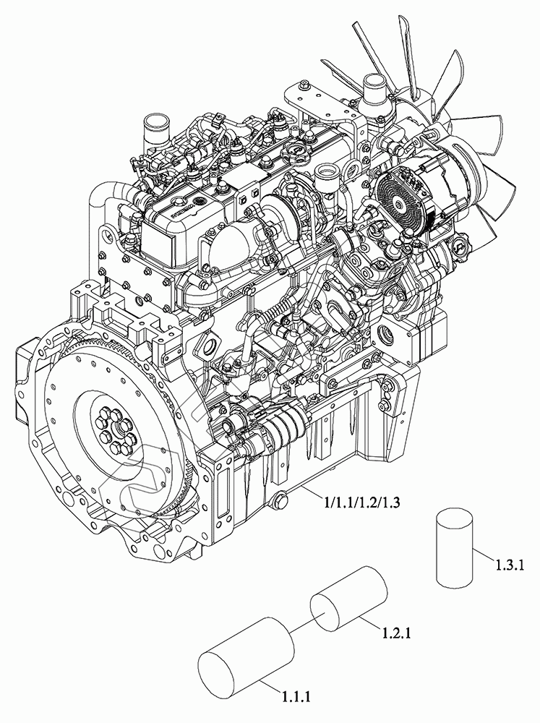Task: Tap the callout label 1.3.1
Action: click(510, 565)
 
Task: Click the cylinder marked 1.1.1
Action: click(246, 657)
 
